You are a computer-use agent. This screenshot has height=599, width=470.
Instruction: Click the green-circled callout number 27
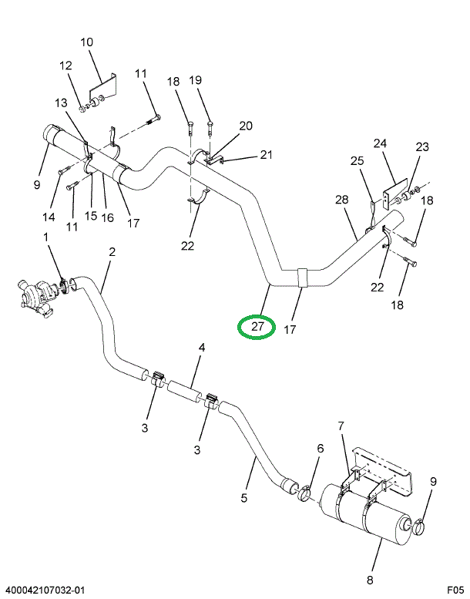[257, 327]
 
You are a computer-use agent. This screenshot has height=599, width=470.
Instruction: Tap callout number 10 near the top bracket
[86, 42]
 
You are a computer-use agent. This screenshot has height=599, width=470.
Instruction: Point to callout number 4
[202, 348]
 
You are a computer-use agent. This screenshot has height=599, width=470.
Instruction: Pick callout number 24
[380, 143]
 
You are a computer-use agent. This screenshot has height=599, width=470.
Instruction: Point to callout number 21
[266, 155]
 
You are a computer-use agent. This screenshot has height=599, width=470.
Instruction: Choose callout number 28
[342, 200]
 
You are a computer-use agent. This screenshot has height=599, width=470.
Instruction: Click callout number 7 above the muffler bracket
[340, 426]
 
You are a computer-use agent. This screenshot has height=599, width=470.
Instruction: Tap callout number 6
[321, 449]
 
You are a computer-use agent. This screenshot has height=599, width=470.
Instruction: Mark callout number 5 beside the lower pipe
[244, 498]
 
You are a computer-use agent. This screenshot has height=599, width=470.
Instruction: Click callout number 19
[195, 80]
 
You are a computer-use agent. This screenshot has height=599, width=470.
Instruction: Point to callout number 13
[61, 103]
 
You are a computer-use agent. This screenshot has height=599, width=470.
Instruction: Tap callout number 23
[421, 147]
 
